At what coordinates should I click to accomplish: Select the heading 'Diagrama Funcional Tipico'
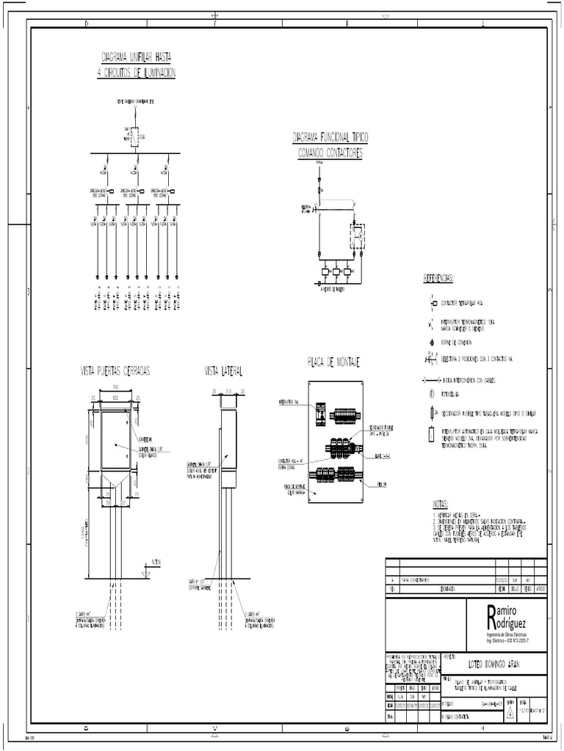pyautogui.click(x=330, y=137)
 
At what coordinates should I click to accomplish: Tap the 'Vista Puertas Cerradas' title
pyautogui.click(x=115, y=371)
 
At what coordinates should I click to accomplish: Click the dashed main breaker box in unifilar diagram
pyautogui.click(x=134, y=136)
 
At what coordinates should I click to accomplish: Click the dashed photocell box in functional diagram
pyautogui.click(x=358, y=235)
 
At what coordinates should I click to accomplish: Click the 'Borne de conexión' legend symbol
pyautogui.click(x=433, y=342)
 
